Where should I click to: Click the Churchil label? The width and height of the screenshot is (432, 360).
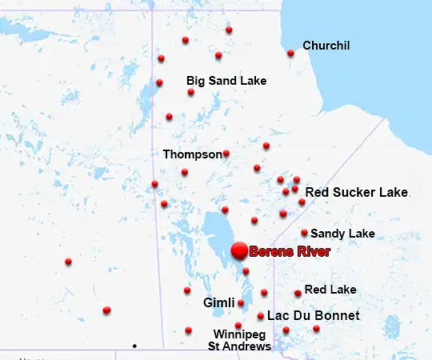(x=326, y=46)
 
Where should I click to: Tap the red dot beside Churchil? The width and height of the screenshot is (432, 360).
(x=290, y=54)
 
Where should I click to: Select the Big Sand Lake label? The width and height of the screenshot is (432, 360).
(x=226, y=81)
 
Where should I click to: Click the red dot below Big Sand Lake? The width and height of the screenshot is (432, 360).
(x=190, y=93)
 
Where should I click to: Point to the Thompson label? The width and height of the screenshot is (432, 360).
(x=192, y=154)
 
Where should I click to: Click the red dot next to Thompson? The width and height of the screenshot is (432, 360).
(x=226, y=154)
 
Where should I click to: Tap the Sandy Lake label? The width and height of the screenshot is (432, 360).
(x=342, y=234)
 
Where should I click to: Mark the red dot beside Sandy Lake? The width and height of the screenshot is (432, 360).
(x=304, y=233)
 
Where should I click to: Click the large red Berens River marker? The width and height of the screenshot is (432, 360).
(x=238, y=250)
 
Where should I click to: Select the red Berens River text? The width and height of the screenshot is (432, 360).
(x=290, y=251)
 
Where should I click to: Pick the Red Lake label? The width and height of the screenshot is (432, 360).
(x=330, y=290)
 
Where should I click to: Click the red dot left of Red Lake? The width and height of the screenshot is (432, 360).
(x=298, y=294)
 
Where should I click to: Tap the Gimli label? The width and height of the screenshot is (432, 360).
(x=219, y=302)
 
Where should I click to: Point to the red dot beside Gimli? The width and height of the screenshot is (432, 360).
(x=241, y=303)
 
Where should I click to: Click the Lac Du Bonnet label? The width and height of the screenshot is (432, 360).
(x=313, y=316)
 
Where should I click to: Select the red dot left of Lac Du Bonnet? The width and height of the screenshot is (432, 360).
(x=261, y=316)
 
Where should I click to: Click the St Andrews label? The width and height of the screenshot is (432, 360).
(x=239, y=346)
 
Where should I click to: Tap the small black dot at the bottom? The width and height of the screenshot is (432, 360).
(x=134, y=346)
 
